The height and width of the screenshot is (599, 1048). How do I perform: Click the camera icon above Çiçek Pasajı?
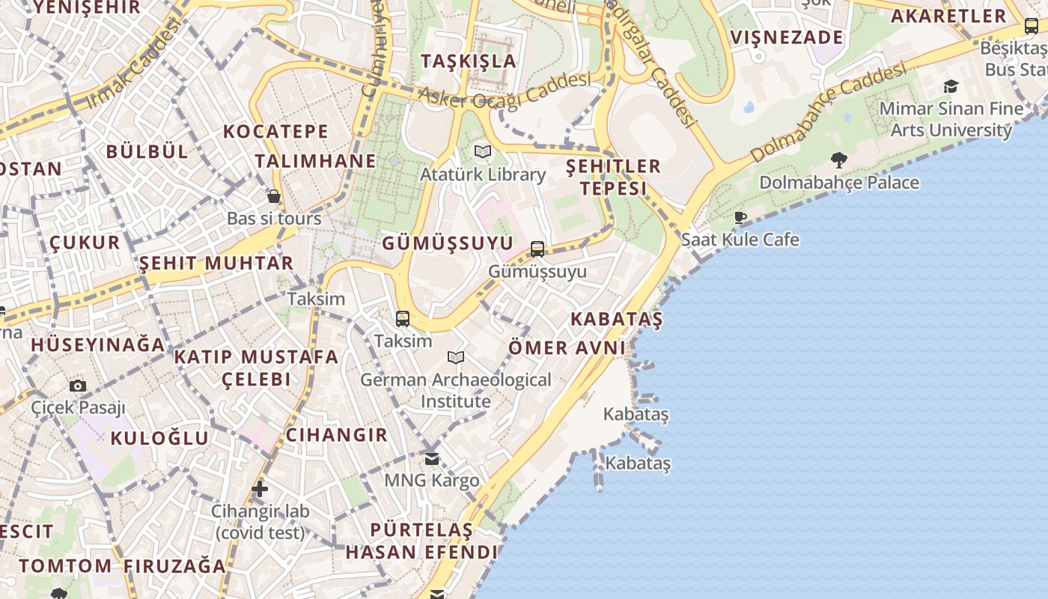tap(78, 386)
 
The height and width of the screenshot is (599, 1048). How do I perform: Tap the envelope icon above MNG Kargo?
tap(432, 458)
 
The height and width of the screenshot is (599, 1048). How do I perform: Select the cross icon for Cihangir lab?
tap(260, 490)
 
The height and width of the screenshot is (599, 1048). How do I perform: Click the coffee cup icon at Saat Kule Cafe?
tap(740, 218)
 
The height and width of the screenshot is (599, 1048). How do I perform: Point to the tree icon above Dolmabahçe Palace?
tap(839, 159)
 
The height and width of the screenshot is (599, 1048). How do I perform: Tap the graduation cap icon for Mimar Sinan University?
tap(951, 87)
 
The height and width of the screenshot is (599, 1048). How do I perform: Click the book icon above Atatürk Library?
tap(483, 152)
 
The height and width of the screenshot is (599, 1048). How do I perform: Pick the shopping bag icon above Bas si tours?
tap(274, 197)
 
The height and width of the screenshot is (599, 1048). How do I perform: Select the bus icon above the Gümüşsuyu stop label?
tap(537, 249)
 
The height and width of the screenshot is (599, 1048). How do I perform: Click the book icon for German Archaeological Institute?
tap(456, 358)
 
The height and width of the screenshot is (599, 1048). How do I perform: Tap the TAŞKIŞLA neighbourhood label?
tap(469, 61)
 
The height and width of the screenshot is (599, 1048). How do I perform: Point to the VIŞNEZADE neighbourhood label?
tap(786, 37)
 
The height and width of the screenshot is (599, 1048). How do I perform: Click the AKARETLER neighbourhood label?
tap(948, 16)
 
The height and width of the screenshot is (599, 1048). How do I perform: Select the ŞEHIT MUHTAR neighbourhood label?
tap(216, 264)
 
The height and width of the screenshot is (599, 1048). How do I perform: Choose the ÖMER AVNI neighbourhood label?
tap(567, 348)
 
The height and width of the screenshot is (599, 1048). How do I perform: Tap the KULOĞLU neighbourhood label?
tap(159, 438)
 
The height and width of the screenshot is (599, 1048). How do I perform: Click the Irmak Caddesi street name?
tap(135, 63)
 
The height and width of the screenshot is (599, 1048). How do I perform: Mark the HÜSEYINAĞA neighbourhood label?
tap(97, 345)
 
